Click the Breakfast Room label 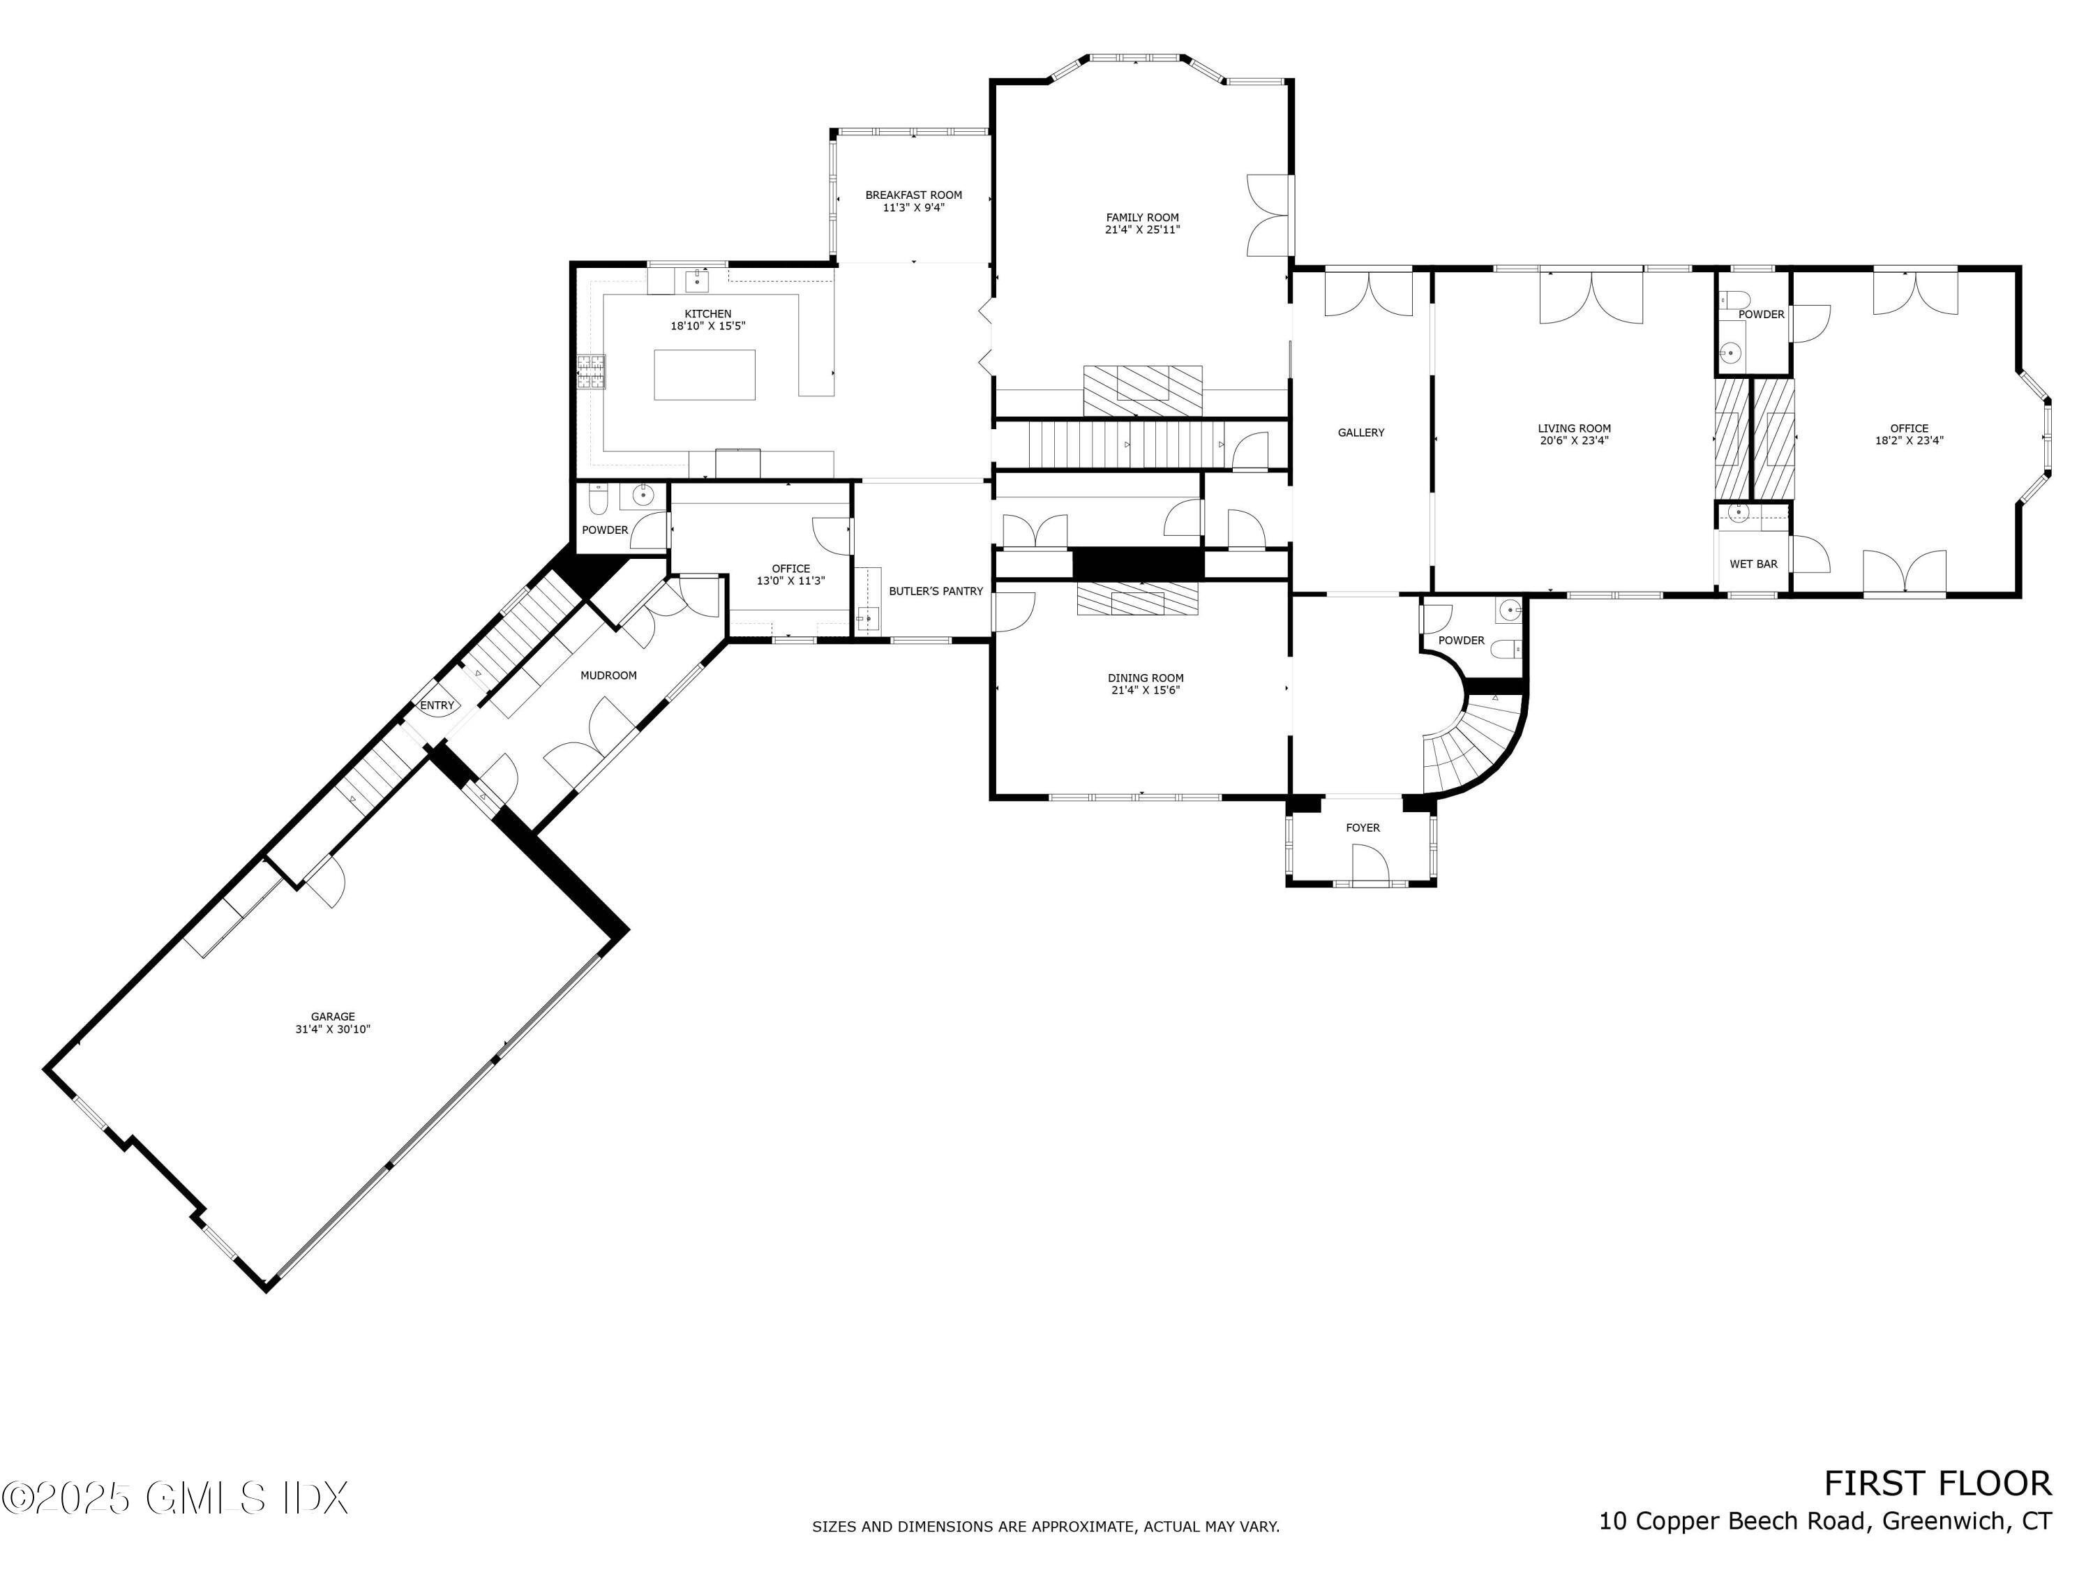tap(913, 195)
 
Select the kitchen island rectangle tap(704, 375)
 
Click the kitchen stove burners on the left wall tap(592, 371)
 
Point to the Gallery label tap(1360, 433)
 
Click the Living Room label tap(1573, 428)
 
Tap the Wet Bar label tap(1753, 564)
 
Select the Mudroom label tap(608, 675)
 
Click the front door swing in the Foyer tap(1369, 864)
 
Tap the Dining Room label tap(1145, 678)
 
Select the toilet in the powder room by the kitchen tap(599, 497)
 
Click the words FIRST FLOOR tap(1937, 1484)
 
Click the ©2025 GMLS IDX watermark tap(175, 1498)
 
